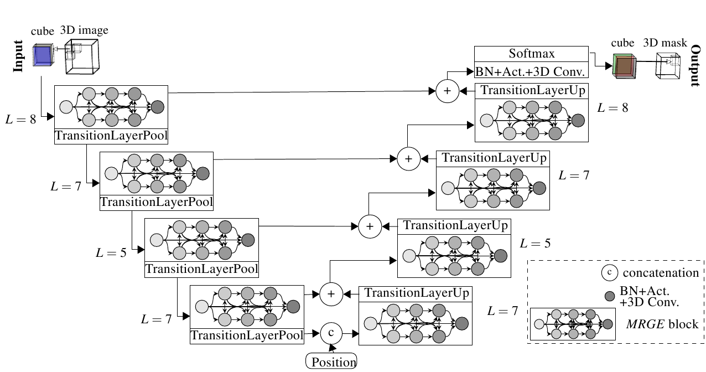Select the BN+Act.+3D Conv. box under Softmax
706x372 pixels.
(531, 71)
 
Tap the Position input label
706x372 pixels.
(331, 362)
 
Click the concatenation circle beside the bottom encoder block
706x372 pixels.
(331, 333)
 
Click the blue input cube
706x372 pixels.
(42, 56)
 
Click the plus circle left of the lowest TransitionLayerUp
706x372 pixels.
(331, 294)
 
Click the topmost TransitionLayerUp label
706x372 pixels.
(531, 90)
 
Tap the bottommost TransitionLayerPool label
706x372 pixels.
(247, 335)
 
